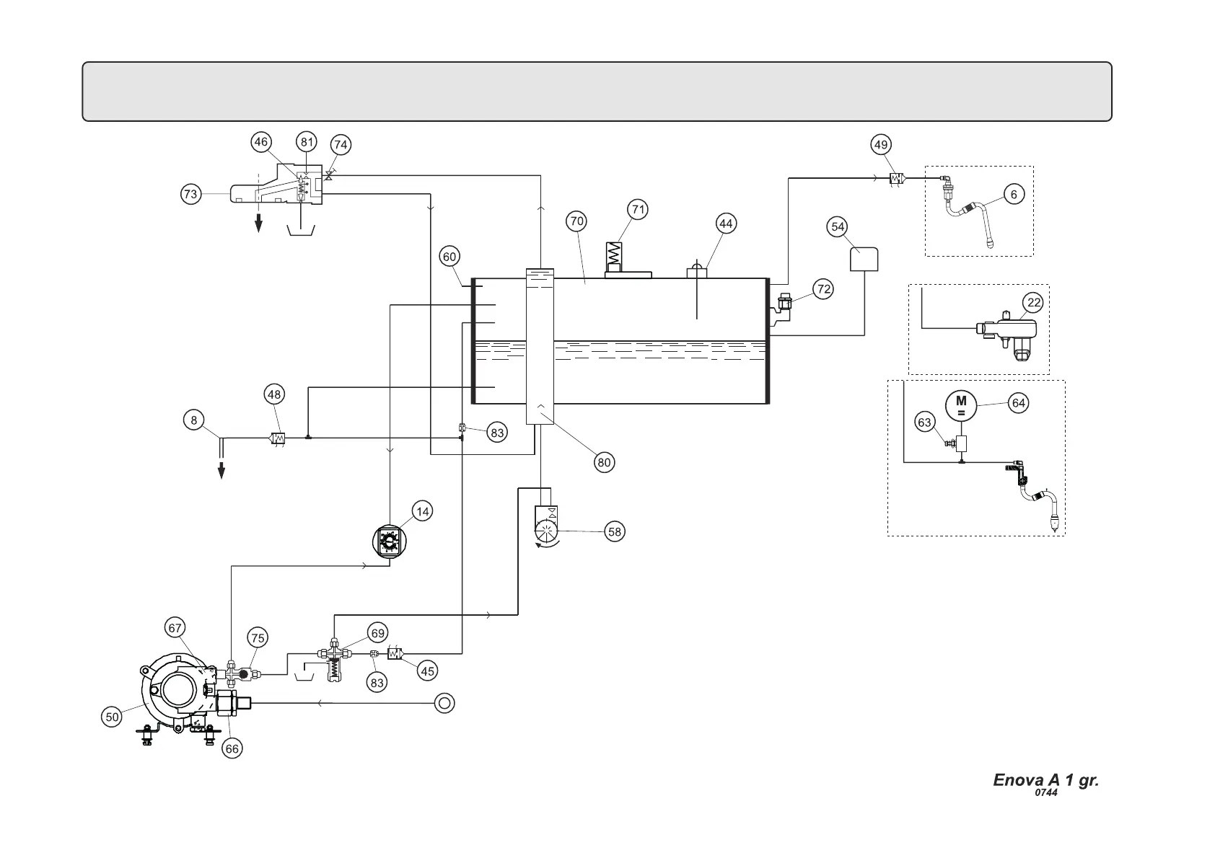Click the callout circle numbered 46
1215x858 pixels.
point(260,142)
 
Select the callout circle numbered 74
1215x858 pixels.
point(341,145)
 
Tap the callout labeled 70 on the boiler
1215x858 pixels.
point(576,221)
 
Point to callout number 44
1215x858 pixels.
point(726,224)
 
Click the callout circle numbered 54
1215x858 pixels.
point(838,227)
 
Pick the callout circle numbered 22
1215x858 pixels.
point(1034,303)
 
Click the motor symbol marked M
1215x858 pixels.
point(961,405)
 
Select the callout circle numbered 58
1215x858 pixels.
point(614,532)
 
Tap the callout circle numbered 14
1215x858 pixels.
point(423,512)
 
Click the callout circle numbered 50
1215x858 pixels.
point(112,717)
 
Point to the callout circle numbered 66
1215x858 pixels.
point(232,749)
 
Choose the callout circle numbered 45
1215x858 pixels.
point(428,671)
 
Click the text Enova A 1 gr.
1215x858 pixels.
point(1045,780)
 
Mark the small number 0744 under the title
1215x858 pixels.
point(1045,793)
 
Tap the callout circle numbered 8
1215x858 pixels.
point(193,420)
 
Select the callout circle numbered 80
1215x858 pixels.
point(604,462)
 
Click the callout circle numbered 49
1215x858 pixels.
point(880,145)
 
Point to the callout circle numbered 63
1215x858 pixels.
point(925,423)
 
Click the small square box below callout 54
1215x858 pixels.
point(864,259)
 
